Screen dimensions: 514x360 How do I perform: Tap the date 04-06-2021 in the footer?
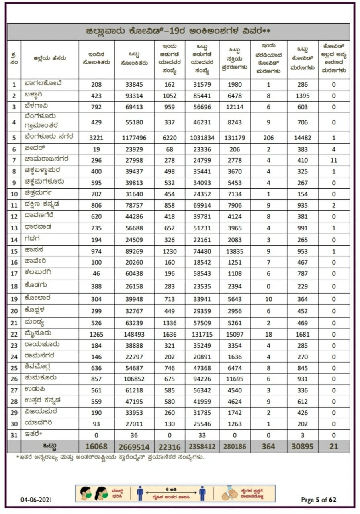(x=37, y=500)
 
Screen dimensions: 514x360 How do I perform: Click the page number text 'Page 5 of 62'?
(x=319, y=500)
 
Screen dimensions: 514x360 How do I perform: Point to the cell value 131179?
(x=235, y=138)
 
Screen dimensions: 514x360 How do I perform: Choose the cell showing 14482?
(x=303, y=138)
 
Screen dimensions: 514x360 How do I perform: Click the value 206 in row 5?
(x=268, y=138)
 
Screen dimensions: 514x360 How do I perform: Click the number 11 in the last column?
(x=333, y=159)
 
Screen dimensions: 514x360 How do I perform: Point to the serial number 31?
(x=14, y=434)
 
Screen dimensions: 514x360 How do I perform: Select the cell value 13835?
(x=235, y=252)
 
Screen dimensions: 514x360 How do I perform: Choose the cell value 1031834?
(x=202, y=138)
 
